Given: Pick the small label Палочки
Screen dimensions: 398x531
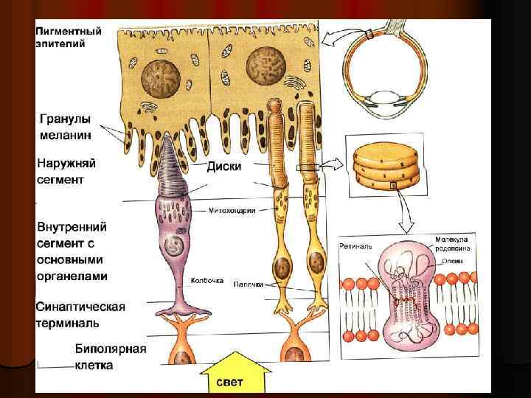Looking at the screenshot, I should click(249, 283).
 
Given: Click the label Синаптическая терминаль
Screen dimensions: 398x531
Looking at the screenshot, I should click(80, 314).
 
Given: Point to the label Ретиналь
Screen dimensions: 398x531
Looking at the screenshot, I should click(356, 244).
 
